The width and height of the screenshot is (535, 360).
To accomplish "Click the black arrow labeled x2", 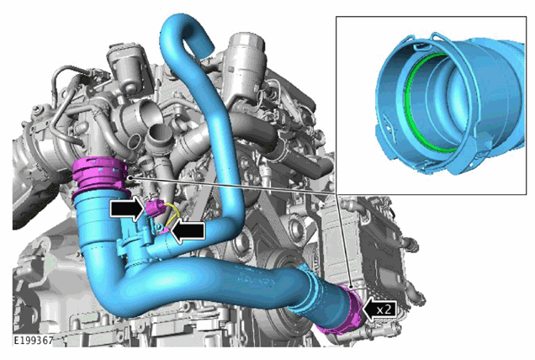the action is (x=379, y=310).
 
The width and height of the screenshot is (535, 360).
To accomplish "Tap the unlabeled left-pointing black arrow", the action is (x=188, y=231).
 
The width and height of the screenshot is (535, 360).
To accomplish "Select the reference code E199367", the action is (x=33, y=340).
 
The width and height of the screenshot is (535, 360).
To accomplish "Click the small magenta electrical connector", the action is (x=153, y=209).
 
